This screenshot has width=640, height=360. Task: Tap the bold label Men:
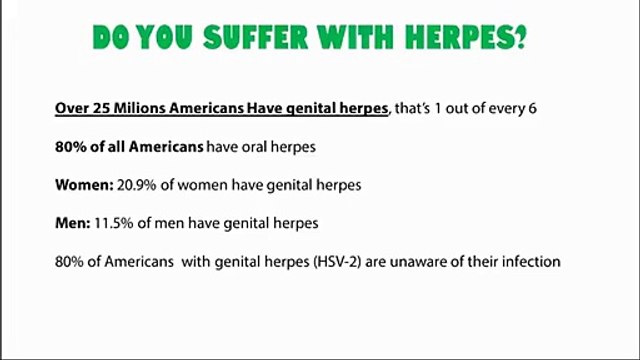72,223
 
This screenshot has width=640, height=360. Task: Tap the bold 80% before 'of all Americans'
71,146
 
